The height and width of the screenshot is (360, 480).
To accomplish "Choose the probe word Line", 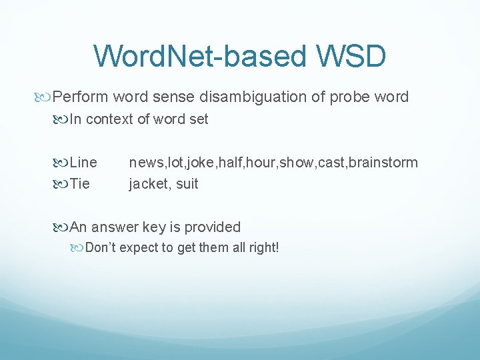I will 83,162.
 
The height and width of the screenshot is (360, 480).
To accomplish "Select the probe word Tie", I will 80,183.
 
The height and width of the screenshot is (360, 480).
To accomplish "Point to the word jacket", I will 149,183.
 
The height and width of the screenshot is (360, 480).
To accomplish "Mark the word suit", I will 187,183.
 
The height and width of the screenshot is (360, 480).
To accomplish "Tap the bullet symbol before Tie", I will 61,184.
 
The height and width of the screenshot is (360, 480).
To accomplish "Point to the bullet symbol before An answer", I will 61,227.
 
